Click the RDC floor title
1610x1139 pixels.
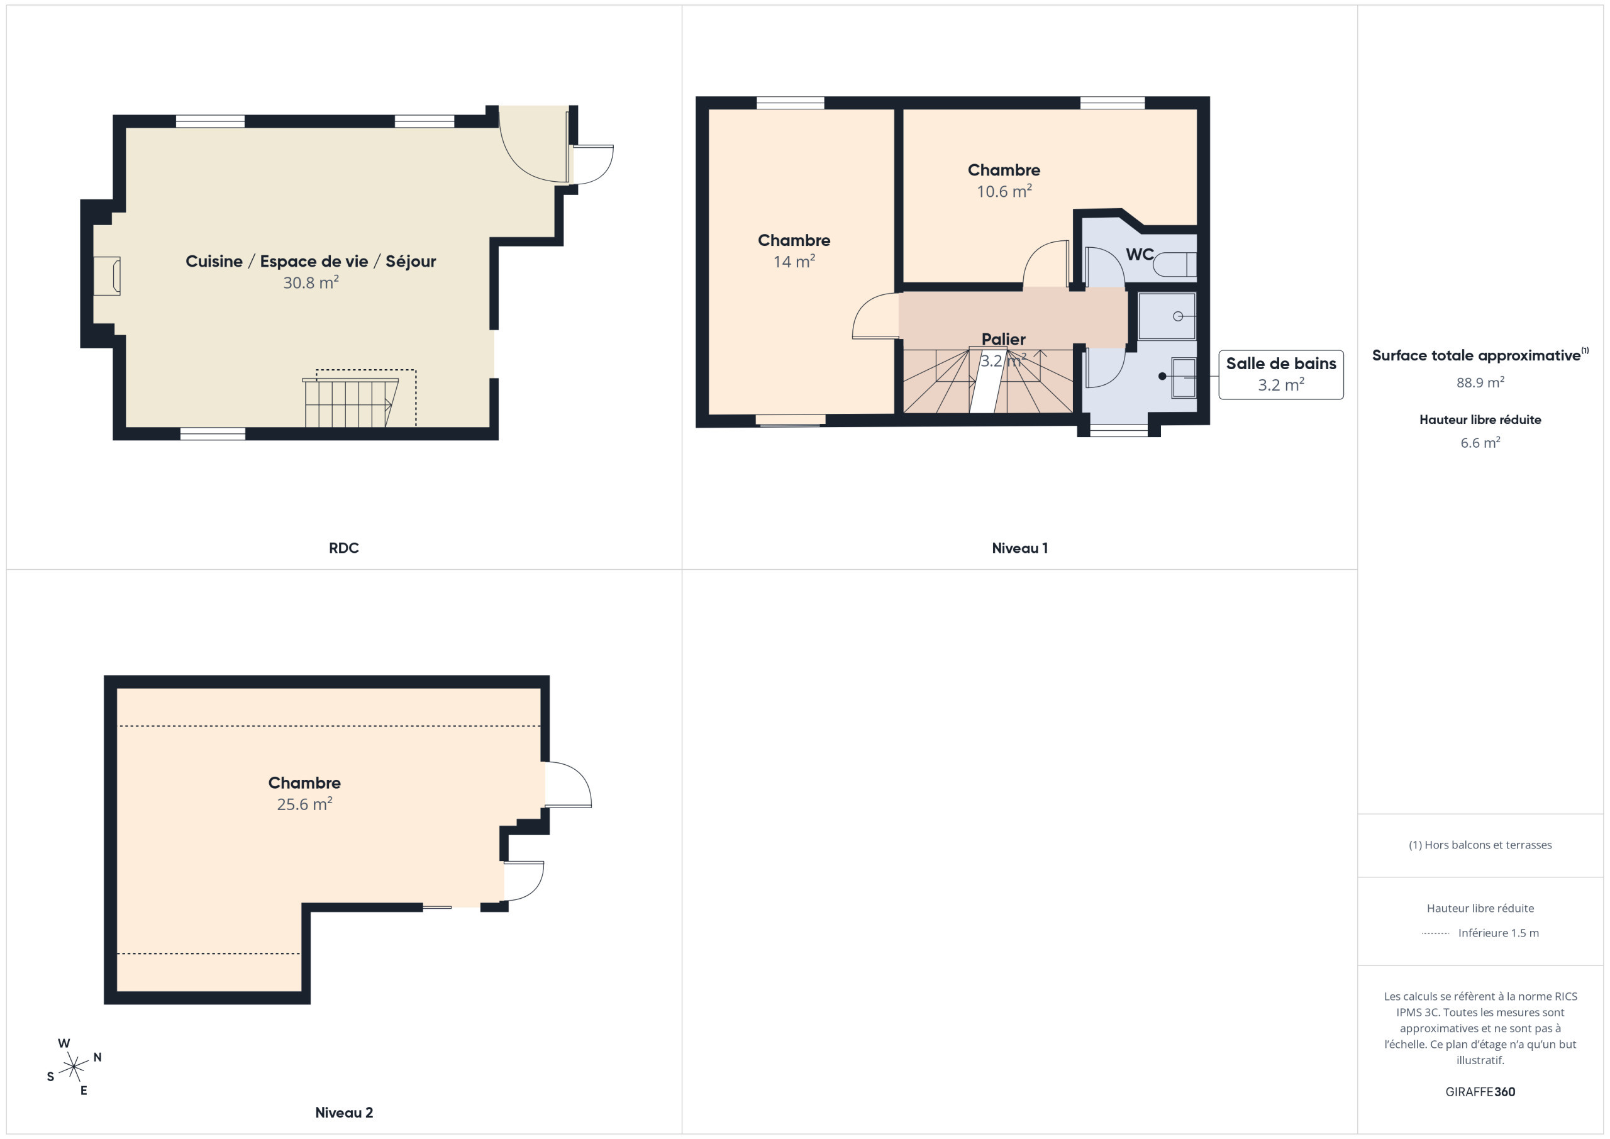343,548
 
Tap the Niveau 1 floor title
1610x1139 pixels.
1019,548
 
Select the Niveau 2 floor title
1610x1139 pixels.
343,1113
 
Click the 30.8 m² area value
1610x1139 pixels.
311,282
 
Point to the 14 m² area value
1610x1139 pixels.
794,261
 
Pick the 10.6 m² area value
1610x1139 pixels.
1004,191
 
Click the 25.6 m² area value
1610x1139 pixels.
304,804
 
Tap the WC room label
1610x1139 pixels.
1140,254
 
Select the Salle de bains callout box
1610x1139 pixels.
1281,374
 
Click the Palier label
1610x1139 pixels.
1004,340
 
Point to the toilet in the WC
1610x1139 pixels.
1175,264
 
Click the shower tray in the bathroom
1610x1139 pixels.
1167,316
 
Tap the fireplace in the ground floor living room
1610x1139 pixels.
108,275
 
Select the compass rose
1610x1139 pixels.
74,1067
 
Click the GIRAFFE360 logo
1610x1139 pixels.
1480,1092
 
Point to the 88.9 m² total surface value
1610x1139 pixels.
1480,382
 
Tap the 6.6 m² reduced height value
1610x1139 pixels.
1480,443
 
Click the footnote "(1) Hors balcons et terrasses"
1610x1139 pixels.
1480,845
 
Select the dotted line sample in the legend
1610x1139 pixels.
1435,933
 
